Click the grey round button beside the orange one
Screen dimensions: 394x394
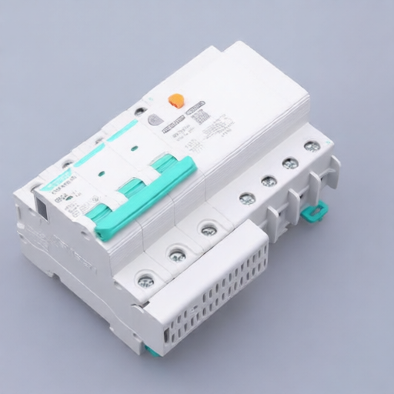(155, 119)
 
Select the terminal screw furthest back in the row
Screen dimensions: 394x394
(312, 145)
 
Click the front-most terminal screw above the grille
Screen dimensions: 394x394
(145, 280)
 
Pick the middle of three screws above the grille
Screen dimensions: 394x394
(177, 255)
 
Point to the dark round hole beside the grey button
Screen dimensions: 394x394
(139, 111)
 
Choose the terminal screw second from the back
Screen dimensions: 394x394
(290, 163)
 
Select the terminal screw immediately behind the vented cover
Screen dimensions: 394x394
(247, 198)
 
